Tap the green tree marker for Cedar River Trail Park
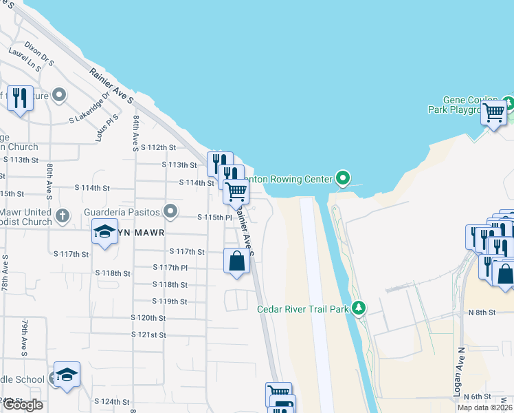click(x=358, y=308)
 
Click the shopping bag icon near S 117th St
click(x=236, y=262)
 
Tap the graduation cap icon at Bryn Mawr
click(x=104, y=233)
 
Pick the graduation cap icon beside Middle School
click(x=67, y=374)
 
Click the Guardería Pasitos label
click(x=122, y=212)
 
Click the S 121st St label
click(x=149, y=335)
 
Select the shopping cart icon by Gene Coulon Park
click(x=494, y=112)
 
